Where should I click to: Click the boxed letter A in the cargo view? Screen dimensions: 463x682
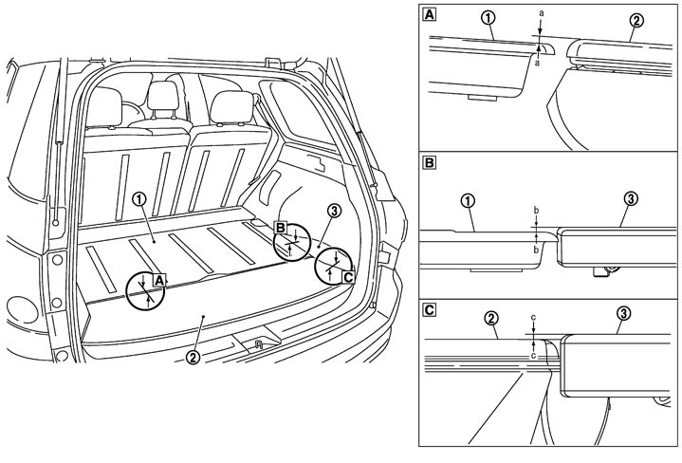click(160, 279)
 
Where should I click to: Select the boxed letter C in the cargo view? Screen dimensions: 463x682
click(348, 276)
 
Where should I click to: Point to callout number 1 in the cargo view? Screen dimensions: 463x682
click(139, 200)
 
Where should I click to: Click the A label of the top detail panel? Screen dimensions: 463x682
click(432, 15)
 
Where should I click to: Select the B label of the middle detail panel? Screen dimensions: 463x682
click(432, 162)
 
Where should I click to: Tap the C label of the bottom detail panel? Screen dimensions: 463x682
click(432, 308)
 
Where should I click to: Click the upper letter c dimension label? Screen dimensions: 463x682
click(534, 319)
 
